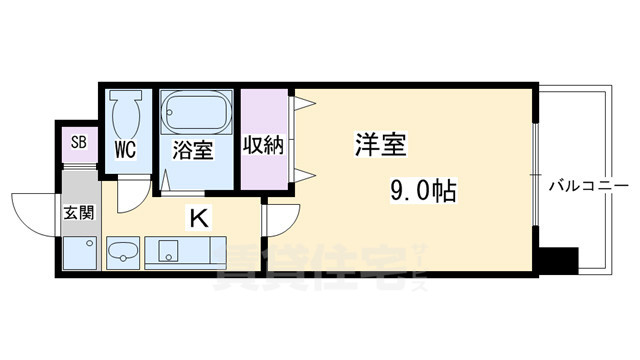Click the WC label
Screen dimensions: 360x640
pyautogui.click(x=125, y=150)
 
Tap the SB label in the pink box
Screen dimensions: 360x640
pyautogui.click(x=78, y=142)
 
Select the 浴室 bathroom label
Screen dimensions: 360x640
pyautogui.click(x=193, y=151)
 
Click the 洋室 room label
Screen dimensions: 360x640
pyautogui.click(x=380, y=144)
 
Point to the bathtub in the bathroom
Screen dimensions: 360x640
pyautogui.click(x=196, y=111)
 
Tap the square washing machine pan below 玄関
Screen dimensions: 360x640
pyautogui.click(x=77, y=251)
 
